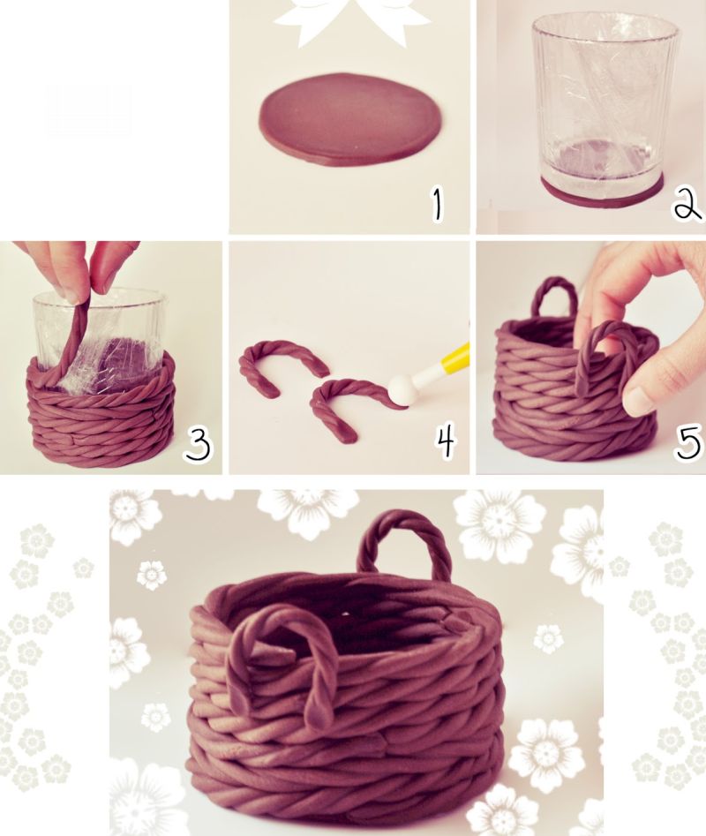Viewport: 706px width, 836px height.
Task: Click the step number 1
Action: (x=437, y=204)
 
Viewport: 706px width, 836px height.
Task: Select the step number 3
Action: (x=198, y=445)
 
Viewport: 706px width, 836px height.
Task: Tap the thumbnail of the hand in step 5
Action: (x=636, y=402)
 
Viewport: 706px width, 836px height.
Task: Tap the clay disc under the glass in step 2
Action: (x=602, y=193)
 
